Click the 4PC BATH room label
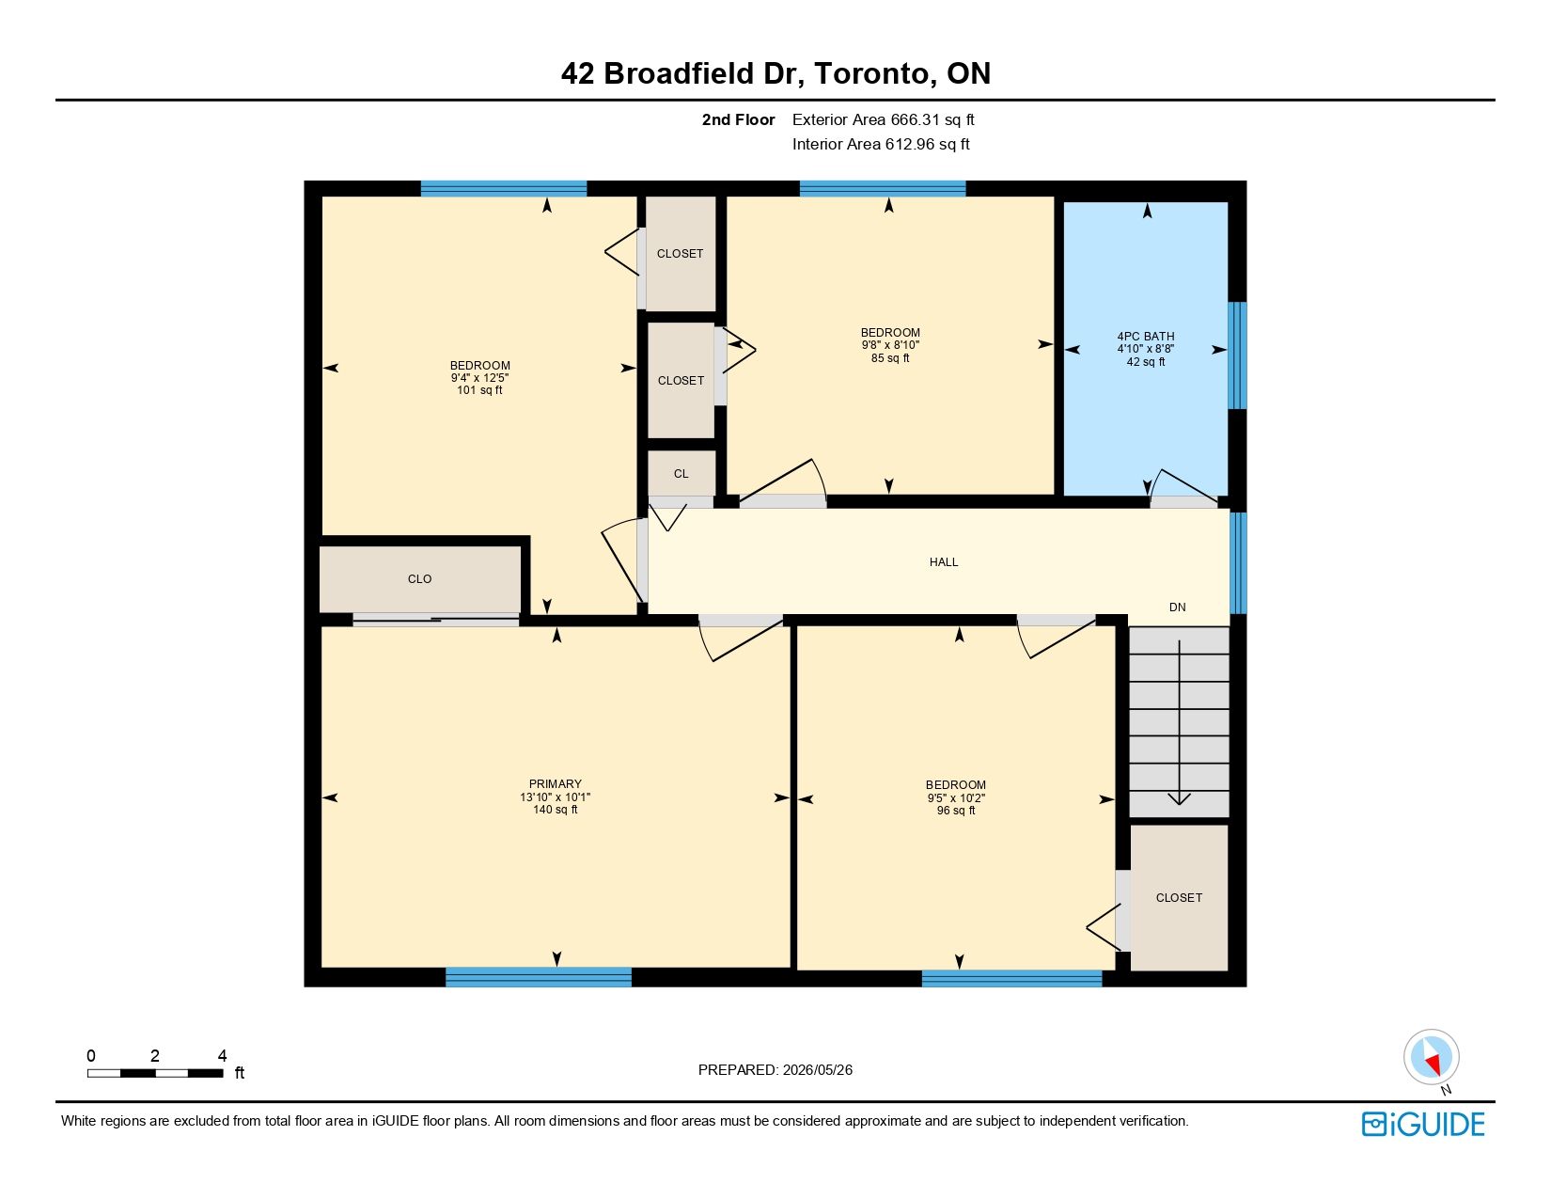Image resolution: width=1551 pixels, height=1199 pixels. pyautogui.click(x=1145, y=337)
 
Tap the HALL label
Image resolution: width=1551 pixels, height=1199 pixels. pyautogui.click(x=943, y=562)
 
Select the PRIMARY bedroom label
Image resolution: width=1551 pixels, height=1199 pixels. pyautogui.click(x=555, y=783)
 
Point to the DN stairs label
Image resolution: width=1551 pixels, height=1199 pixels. pyautogui.click(x=1177, y=607)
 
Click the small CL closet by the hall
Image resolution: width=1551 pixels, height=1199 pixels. pyautogui.click(x=681, y=473)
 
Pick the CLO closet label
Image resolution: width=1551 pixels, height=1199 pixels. pyautogui.click(x=419, y=579)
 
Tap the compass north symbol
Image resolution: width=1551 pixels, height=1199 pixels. pyautogui.click(x=1431, y=1058)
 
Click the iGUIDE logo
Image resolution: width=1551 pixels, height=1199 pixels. pyautogui.click(x=1422, y=1124)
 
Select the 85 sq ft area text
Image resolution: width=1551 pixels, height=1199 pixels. pyautogui.click(x=889, y=357)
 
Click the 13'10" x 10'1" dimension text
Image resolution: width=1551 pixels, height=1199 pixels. pyautogui.click(x=555, y=797)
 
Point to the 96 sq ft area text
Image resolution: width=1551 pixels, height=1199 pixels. pyautogui.click(x=955, y=811)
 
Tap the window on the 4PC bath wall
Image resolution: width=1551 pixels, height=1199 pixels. pyautogui.click(x=1237, y=355)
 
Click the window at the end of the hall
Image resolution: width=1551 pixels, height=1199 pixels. pyautogui.click(x=1238, y=562)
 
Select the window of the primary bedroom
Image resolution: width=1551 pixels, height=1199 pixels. pyautogui.click(x=539, y=976)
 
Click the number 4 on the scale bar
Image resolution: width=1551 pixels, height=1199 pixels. pyautogui.click(x=222, y=1055)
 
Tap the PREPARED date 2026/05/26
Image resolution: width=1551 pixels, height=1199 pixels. pyautogui.click(x=817, y=1070)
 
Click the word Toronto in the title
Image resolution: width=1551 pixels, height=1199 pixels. pyautogui.click(x=871, y=73)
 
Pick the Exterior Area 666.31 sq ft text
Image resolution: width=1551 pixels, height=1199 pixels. pyautogui.click(x=883, y=120)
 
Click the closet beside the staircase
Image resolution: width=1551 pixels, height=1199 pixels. pyautogui.click(x=1179, y=898)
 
